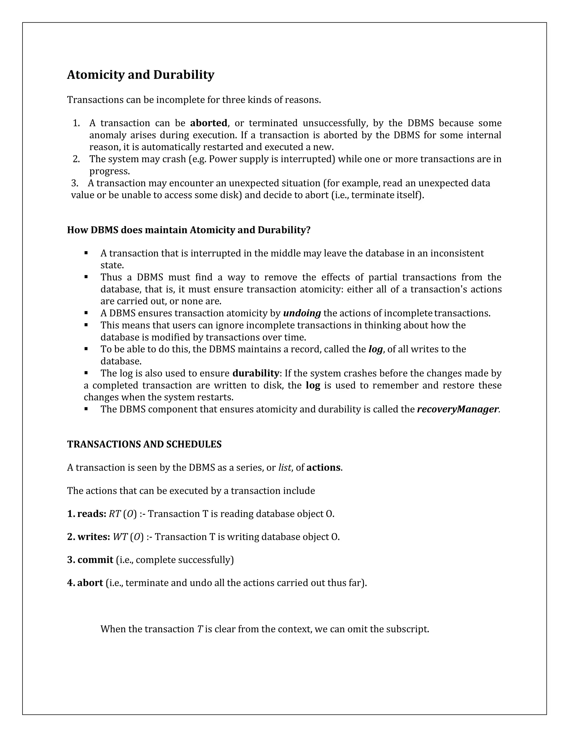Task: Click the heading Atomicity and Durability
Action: coord(141,75)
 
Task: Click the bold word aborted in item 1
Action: coord(208,123)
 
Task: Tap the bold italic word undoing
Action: coord(302,313)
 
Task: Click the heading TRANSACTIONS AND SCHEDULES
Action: coord(144,444)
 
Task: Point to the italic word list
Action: coord(284,468)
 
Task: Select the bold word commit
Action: coord(95,560)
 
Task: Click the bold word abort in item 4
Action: coord(90,583)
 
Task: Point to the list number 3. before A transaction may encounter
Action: coord(75,183)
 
